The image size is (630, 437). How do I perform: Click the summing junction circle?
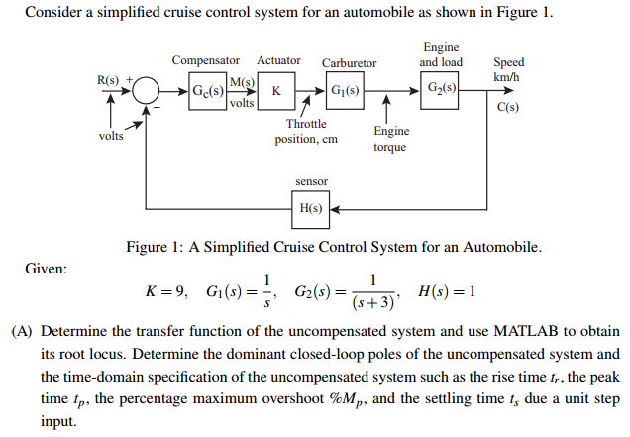pos(148,91)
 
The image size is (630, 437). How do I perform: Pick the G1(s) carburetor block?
pos(346,91)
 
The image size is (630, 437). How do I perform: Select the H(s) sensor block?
pos(310,209)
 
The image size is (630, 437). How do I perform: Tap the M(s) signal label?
pos(243,80)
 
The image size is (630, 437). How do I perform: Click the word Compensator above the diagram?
pos(205,61)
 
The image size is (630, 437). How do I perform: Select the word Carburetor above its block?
pos(349,62)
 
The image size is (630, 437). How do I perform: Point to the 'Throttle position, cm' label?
pos(306,132)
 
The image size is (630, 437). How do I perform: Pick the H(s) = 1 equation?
pos(449,291)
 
